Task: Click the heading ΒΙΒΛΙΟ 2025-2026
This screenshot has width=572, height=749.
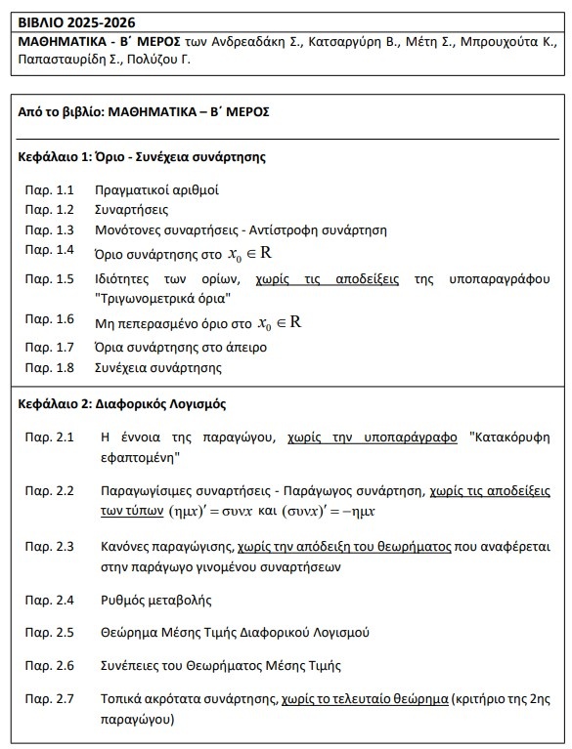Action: click(x=76, y=21)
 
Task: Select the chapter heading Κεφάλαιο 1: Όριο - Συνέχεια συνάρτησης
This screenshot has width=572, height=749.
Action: click(x=143, y=156)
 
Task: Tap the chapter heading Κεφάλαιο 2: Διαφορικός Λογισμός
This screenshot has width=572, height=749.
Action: click(x=123, y=403)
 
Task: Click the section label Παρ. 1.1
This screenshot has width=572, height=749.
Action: click(x=50, y=188)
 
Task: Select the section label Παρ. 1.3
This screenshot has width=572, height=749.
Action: click(x=50, y=229)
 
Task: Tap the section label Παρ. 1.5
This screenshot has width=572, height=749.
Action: click(x=50, y=278)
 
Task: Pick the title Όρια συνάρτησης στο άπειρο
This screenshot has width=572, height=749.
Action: click(x=180, y=348)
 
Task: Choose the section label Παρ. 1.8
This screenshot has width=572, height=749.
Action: click(x=50, y=368)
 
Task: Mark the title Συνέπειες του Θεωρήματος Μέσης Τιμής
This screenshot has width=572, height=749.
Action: click(x=221, y=666)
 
